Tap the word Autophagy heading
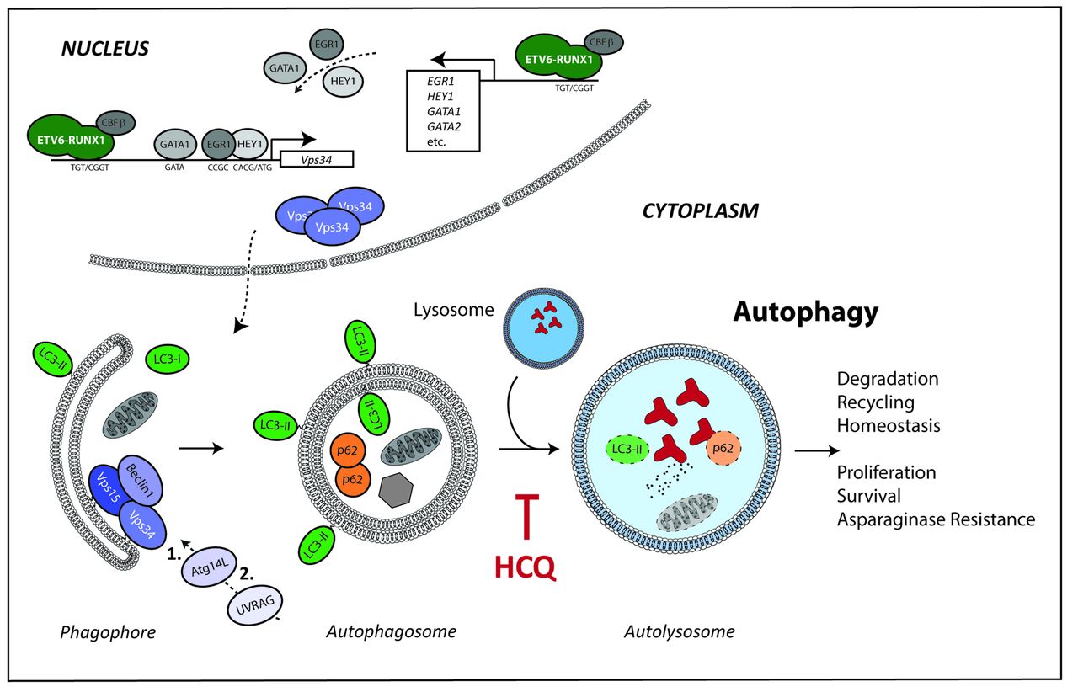click(x=805, y=312)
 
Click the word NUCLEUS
click(x=105, y=48)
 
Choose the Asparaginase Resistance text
click(x=936, y=519)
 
